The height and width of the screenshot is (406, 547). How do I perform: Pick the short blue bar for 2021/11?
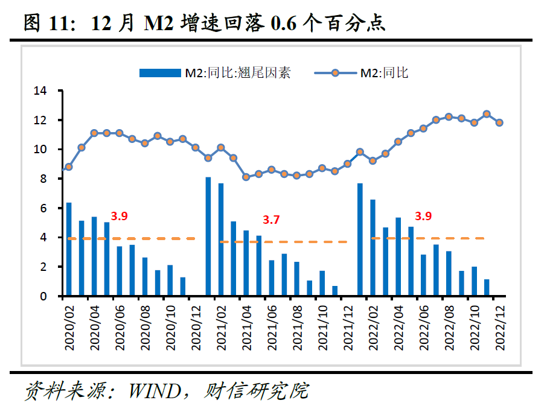[x=334, y=291]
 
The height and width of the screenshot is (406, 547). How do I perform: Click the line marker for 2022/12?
[x=499, y=122]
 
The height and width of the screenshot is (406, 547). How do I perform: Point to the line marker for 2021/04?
[x=246, y=177]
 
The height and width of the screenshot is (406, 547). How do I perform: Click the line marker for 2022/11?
[x=487, y=113]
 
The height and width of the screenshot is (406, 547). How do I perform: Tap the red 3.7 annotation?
[x=272, y=220]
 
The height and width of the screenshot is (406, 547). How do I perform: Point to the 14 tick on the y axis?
[x=40, y=91]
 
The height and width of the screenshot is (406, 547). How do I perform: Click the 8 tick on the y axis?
[x=43, y=179]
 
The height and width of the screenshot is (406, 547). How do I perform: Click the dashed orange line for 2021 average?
[x=284, y=242]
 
